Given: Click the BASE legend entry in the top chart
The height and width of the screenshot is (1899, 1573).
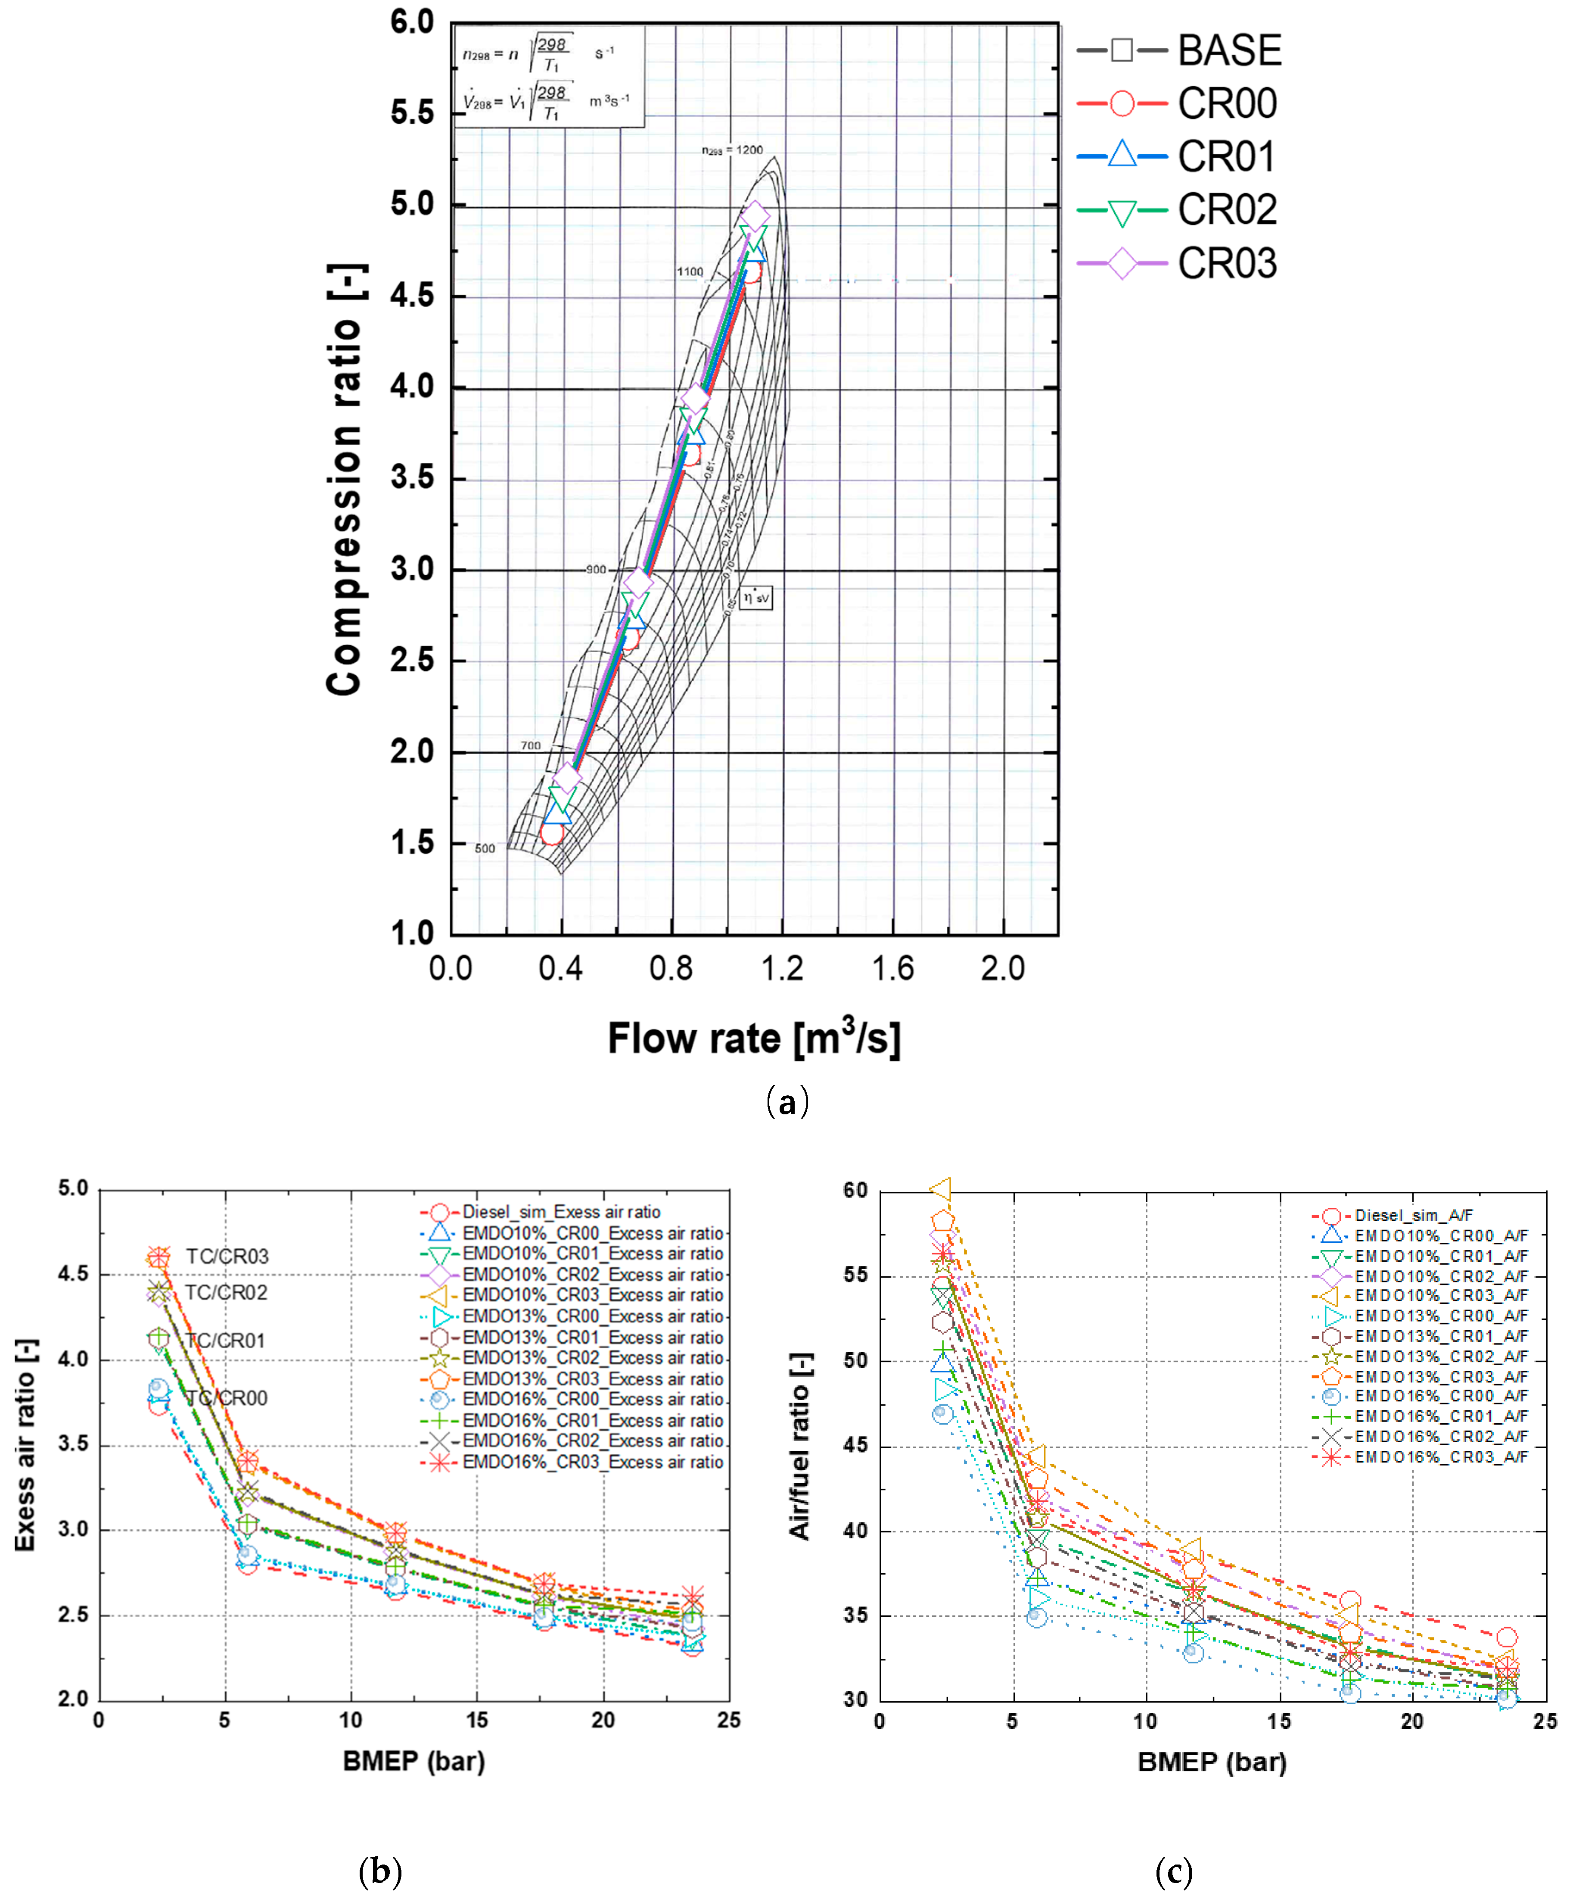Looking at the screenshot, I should coord(1228,51).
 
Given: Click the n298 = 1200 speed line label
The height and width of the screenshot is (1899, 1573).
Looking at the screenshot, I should coord(732,150).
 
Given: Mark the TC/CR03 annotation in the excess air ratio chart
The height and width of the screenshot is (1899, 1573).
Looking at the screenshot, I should coord(227,1256).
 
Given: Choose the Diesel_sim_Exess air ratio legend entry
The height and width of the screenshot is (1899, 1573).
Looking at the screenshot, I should coord(560,1212).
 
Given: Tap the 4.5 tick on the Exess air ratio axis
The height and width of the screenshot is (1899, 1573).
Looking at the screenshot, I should coord(74,1274).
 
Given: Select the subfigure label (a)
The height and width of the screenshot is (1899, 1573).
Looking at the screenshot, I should coord(786,1102).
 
